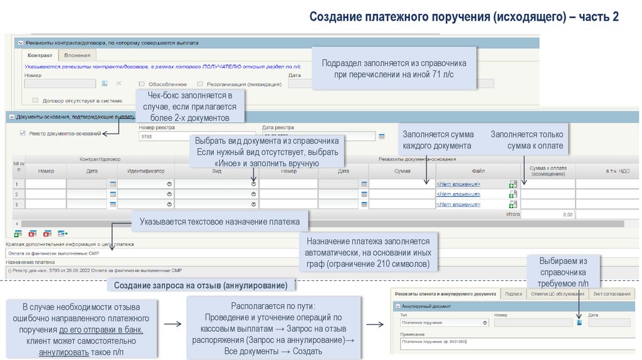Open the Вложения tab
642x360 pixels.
(77, 56)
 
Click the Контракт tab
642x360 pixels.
(39, 56)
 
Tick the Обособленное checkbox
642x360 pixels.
(142, 84)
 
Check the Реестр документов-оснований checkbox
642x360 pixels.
(23, 133)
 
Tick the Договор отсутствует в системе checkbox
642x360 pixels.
(36, 100)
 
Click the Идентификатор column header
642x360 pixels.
(145, 171)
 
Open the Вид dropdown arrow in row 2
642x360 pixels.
(253, 194)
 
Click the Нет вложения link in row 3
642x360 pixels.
(458, 204)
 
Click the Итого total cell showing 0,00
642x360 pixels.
(548, 214)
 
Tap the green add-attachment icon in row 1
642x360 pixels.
(512, 184)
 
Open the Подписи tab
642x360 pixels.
(513, 294)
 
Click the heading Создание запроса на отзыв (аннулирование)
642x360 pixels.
(201, 286)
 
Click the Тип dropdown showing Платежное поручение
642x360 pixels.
(443, 323)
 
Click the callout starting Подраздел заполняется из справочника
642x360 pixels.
(394, 69)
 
